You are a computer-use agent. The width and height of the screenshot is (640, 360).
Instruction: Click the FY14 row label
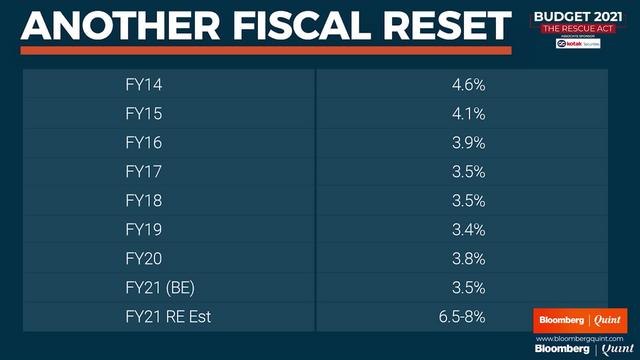point(142,84)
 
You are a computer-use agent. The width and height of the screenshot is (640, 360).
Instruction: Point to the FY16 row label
point(142,142)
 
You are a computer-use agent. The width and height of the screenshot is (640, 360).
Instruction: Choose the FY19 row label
point(142,229)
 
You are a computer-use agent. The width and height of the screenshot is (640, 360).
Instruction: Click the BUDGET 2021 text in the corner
point(573,15)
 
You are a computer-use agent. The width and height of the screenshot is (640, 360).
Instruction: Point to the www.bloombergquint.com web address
point(579,338)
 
